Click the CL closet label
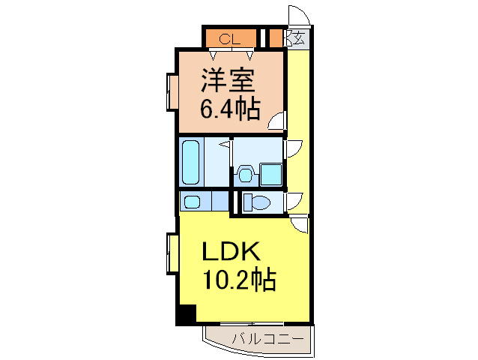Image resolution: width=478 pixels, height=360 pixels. tap(230, 39)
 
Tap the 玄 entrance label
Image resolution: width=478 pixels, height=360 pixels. tap(299, 38)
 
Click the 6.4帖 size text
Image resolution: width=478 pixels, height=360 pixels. tap(230, 109)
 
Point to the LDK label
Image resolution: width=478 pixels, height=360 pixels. tap(232, 250)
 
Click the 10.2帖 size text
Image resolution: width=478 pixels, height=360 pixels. tap(239, 279)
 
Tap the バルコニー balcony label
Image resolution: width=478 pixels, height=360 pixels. tap(268, 339)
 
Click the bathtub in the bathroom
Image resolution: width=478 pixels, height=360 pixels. tap(190, 162)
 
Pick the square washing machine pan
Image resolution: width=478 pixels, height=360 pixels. tap(271, 175)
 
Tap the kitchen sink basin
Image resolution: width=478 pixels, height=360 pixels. tap(193, 202)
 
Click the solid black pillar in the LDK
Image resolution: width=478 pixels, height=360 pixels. tap(187, 314)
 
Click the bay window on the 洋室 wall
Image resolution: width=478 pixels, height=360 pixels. tap(172, 92)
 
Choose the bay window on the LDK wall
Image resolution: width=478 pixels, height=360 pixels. tap(172, 253)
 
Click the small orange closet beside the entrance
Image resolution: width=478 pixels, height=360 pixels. tap(276, 38)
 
